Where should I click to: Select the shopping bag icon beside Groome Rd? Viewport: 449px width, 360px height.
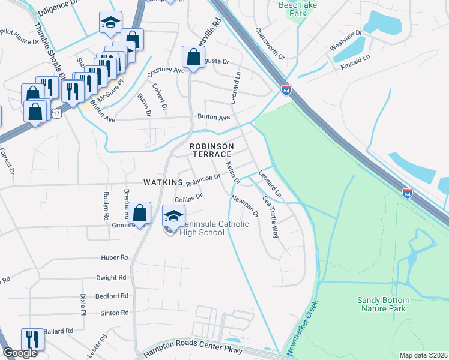click(140, 213)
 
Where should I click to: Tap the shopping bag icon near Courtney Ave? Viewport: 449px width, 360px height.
click(193, 58)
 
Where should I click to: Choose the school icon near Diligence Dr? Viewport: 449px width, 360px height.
click(110, 23)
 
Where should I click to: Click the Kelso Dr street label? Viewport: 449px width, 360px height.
click(232, 172)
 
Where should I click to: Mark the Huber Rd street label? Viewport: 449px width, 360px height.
click(116, 258)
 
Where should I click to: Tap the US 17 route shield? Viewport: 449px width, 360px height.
click(56, 113)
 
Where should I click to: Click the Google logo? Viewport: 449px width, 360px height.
click(20, 353)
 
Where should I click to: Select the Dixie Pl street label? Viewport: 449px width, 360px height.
click(83, 305)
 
